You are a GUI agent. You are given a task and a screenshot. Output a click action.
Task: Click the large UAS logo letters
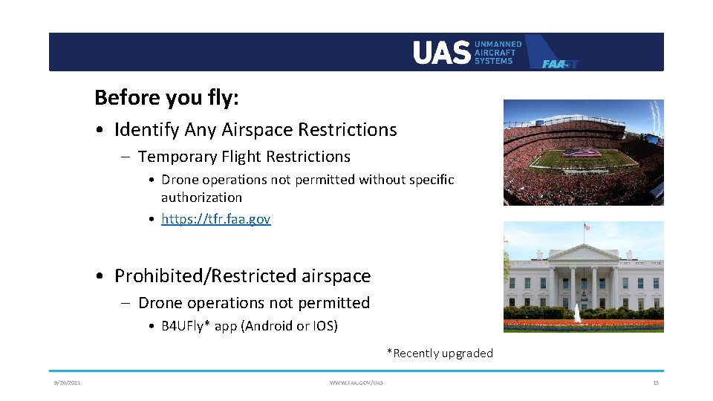pos(441,52)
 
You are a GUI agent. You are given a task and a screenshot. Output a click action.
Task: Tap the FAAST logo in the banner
pos(559,63)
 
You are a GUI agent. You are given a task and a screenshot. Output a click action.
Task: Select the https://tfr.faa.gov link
pos(215,219)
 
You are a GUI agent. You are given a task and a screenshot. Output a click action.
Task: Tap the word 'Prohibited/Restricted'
pos(206,276)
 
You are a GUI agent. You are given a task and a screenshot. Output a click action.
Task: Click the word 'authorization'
pos(201,198)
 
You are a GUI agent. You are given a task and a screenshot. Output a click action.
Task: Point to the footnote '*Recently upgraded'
pos(439,353)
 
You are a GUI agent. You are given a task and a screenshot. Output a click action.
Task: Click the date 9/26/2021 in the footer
pos(67,382)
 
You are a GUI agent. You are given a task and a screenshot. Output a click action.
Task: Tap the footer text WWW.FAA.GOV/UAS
pos(356,382)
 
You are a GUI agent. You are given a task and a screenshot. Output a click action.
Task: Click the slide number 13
pos(655,382)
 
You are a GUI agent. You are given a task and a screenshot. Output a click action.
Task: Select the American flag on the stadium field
pos(582,153)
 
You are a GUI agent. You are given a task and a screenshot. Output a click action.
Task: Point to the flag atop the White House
pos(586,226)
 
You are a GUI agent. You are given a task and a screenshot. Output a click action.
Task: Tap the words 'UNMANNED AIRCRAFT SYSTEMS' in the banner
pos(498,52)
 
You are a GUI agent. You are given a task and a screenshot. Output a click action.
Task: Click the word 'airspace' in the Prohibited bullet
pos(336,276)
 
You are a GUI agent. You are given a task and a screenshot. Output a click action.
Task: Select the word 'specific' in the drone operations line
pos(430,180)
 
